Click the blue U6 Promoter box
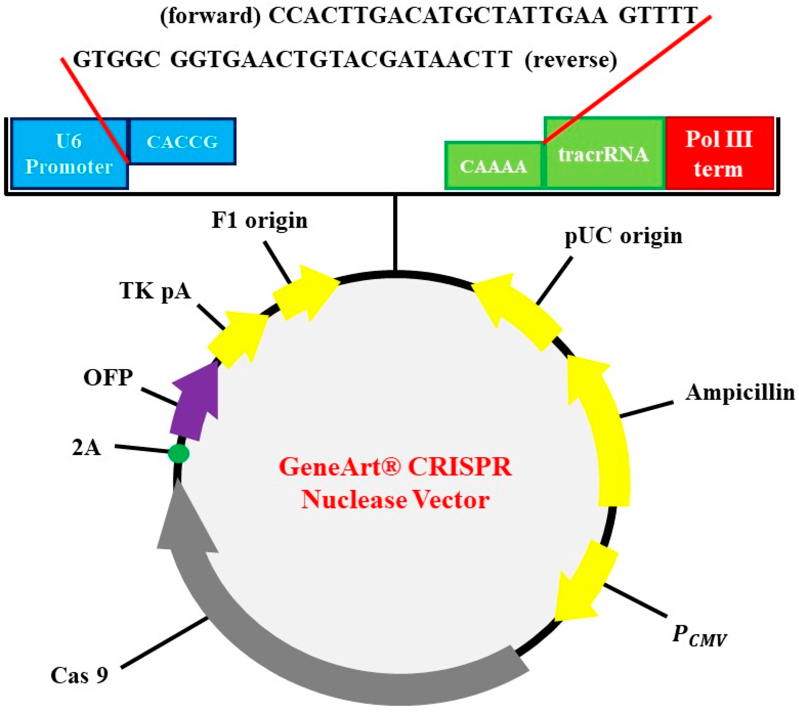tap(69, 153)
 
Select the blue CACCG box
tap(182, 142)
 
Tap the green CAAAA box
tap(493, 166)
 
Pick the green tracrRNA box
tap(604, 154)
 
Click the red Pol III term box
tap(719, 153)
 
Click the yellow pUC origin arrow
tap(519, 310)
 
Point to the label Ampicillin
tap(740, 393)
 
